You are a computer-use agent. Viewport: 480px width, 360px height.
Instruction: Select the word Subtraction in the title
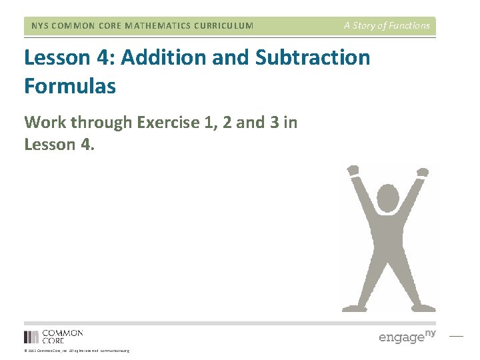click(313, 57)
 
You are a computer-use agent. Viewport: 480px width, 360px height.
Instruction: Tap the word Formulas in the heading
click(70, 86)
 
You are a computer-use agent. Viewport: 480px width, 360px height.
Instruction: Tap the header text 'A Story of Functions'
click(387, 25)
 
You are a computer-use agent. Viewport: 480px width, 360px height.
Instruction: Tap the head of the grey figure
click(387, 198)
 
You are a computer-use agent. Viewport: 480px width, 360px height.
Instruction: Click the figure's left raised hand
click(353, 171)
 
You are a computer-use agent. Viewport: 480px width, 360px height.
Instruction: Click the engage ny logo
click(407, 336)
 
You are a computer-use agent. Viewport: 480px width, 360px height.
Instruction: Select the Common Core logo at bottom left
click(53, 337)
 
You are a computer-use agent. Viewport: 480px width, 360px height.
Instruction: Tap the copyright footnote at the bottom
click(77, 351)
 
